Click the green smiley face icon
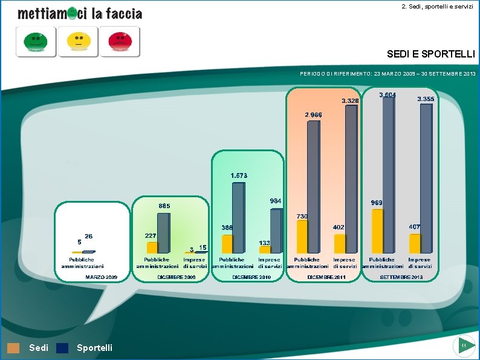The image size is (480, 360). (x=36, y=42)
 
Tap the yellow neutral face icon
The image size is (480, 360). (x=78, y=42)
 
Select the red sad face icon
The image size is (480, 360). (x=120, y=42)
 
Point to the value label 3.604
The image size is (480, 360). (x=388, y=95)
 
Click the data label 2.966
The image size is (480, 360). (x=313, y=114)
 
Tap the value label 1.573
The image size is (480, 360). (x=239, y=175)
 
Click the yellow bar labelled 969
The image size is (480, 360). (x=378, y=231)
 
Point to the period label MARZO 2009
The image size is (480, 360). (x=101, y=277)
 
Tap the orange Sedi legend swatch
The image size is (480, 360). (x=13, y=348)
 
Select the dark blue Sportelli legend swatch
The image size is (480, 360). (x=62, y=348)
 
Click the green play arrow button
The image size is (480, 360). (x=464, y=345)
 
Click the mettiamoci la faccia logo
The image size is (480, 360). (x=80, y=13)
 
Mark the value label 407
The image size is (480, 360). (x=415, y=226)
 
